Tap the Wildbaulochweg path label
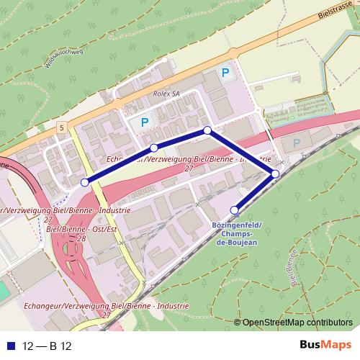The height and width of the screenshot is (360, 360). (x=65, y=58)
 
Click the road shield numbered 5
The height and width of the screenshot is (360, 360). (x=63, y=127)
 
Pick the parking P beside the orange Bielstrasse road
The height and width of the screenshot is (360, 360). (x=225, y=73)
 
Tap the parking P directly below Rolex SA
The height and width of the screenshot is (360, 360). (x=145, y=122)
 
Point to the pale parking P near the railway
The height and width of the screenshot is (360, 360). (x=296, y=144)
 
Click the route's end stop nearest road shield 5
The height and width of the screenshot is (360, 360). (x=85, y=182)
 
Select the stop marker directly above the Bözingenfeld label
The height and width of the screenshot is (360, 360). (x=234, y=210)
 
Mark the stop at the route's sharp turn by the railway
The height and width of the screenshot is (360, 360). (x=275, y=174)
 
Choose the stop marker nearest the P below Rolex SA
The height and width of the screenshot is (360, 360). (x=153, y=148)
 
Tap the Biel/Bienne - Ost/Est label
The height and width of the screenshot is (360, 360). (x=81, y=229)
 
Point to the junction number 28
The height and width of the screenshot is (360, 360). (x=81, y=238)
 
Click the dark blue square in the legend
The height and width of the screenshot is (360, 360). (x=9, y=346)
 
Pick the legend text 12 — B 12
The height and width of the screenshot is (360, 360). (x=48, y=346)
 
